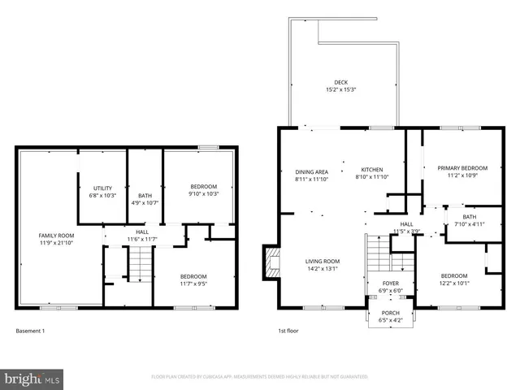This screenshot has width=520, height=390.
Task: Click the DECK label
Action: pyautogui.click(x=341, y=82)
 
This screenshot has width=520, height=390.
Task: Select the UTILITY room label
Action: pyautogui.click(x=102, y=188)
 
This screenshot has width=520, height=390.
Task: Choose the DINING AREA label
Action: pyautogui.click(x=311, y=171)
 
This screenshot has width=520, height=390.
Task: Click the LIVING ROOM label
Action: pyautogui.click(x=322, y=262)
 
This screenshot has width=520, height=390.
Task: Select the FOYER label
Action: pyautogui.click(x=391, y=284)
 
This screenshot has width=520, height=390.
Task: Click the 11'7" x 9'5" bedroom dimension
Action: pyautogui.click(x=193, y=284)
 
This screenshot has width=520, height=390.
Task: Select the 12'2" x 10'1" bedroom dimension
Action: pyautogui.click(x=453, y=284)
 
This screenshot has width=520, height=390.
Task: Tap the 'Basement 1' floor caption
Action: pyautogui.click(x=31, y=331)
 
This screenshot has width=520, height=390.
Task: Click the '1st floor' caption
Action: pyautogui.click(x=290, y=331)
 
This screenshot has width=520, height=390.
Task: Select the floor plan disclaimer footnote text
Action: pyautogui.click(x=260, y=377)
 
